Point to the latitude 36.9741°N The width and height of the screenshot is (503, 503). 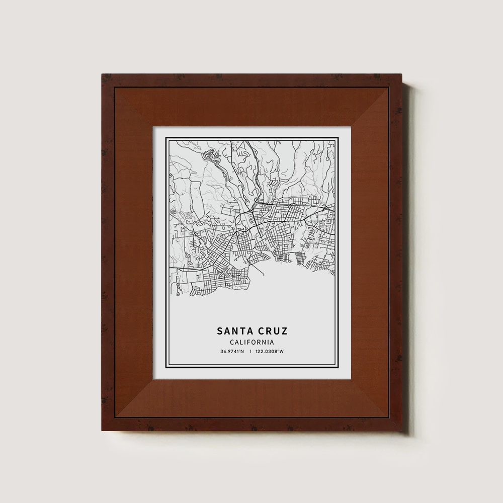232,352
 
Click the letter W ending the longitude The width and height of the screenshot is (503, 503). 282,352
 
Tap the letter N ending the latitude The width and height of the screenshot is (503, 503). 242,352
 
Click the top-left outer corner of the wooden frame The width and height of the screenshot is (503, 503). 102,74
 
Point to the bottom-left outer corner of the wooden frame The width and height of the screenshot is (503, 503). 102,431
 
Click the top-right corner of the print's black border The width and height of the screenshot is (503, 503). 337,137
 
